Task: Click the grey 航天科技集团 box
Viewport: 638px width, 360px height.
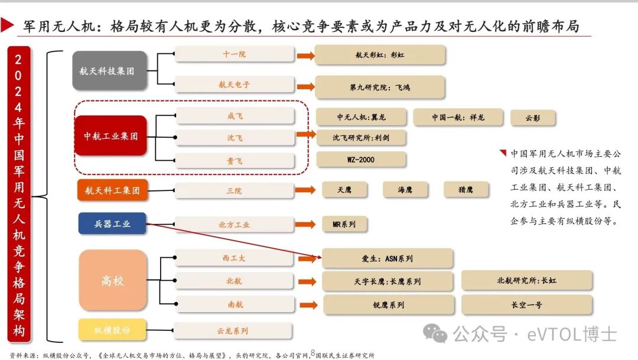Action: coord(109,71)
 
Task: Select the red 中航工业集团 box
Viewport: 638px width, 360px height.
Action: coord(110,135)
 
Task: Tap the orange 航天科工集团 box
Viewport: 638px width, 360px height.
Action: coord(112,190)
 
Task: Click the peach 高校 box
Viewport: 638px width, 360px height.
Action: coord(112,280)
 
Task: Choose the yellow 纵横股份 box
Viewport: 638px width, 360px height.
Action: coord(112,329)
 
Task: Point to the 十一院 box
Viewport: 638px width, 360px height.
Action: coord(235,54)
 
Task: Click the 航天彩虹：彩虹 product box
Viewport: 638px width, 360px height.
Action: coord(380,55)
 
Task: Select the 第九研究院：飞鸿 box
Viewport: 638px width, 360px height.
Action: coord(380,87)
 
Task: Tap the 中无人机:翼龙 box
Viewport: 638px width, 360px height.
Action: coord(362,117)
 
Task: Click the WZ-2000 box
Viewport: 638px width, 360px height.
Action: coord(362,160)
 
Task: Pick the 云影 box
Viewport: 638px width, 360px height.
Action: coord(533,118)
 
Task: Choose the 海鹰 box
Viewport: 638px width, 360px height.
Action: coord(405,190)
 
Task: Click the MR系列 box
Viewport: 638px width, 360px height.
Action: coord(344,225)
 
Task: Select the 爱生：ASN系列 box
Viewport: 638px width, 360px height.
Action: coord(387,258)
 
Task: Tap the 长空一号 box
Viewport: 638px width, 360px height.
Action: coord(526,305)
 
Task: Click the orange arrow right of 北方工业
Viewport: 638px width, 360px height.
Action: coord(305,225)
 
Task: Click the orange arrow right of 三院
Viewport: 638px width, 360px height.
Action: coord(305,190)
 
